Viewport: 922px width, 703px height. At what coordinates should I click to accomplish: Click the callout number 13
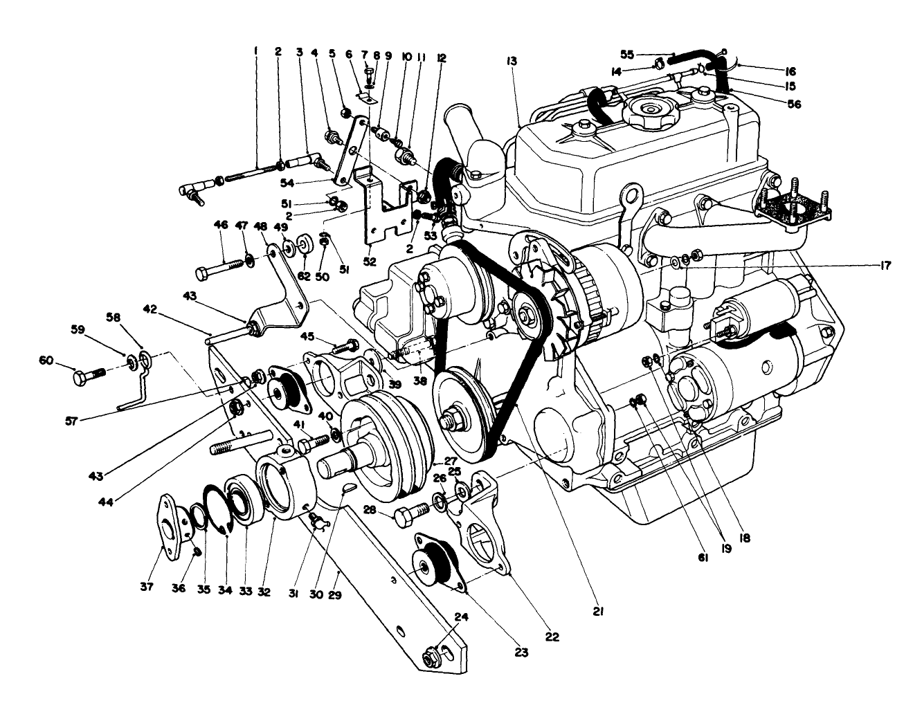click(512, 62)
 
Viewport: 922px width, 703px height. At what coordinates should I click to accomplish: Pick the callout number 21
click(598, 611)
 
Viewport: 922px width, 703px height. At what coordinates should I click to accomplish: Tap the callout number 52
click(368, 262)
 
